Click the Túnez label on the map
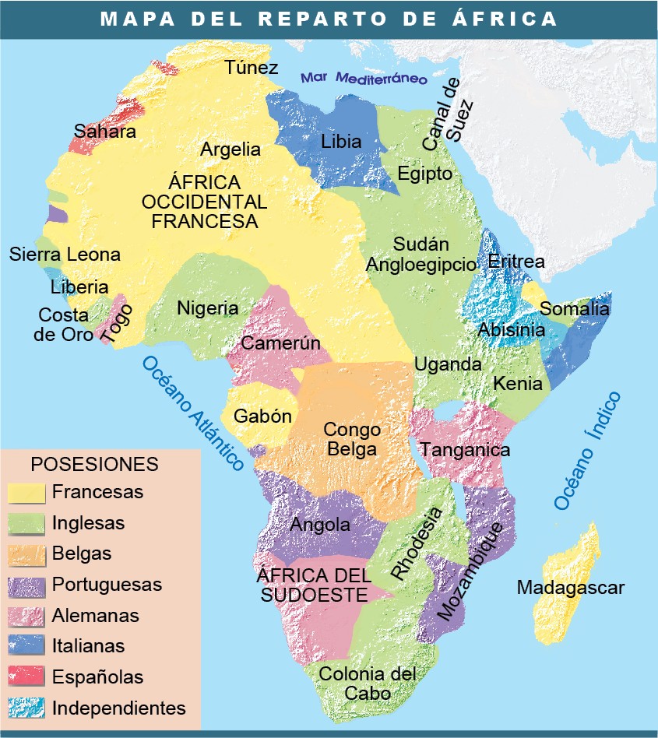[x=252, y=68]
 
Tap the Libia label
[x=341, y=142]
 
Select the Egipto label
[x=424, y=173]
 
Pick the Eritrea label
[x=515, y=261]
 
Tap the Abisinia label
[x=511, y=329]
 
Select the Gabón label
[x=262, y=416]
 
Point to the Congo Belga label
[x=352, y=439]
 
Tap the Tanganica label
[x=465, y=449]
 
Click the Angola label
[x=320, y=525]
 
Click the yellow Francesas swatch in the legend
[x=26, y=492]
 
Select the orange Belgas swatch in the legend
[x=26, y=554]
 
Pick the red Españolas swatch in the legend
[x=26, y=677]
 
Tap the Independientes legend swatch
[x=26, y=708]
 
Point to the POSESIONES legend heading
[x=94, y=465]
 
